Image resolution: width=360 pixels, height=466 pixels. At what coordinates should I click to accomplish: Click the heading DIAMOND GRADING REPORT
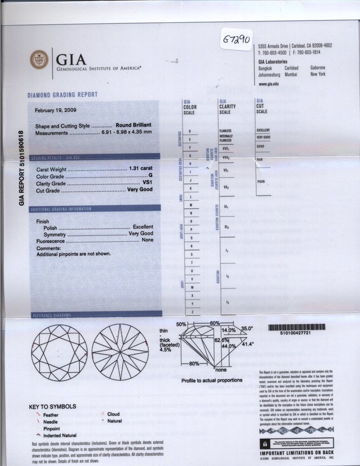coord(62,95)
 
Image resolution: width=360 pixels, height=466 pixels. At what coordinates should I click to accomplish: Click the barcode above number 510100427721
coord(297,328)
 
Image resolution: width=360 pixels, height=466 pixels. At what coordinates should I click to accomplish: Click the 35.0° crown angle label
coord(246,329)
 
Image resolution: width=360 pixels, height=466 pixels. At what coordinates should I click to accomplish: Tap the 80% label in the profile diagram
coord(195,363)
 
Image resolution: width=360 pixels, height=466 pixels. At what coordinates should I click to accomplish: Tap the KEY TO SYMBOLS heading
coord(52,406)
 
